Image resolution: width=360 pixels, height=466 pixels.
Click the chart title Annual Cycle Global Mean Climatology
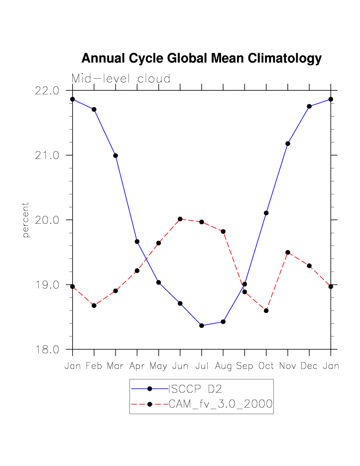[201, 59]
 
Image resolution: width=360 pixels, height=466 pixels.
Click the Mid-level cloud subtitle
[121, 79]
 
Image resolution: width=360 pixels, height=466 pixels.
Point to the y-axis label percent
[26, 220]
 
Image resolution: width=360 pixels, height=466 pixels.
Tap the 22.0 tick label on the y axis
[48, 91]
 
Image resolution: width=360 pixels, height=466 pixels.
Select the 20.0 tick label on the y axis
[48, 220]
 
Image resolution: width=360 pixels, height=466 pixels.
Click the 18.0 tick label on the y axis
[48, 349]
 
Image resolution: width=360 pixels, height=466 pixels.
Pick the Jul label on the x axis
[202, 366]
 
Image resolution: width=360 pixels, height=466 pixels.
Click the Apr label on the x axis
[137, 366]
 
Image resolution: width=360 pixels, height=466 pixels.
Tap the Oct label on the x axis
[266, 366]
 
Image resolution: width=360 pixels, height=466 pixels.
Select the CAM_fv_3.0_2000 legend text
[221, 404]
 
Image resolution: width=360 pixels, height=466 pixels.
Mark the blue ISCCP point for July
[202, 325]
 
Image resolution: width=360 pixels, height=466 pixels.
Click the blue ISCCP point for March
[116, 155]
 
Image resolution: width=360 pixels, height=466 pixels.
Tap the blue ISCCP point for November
[288, 144]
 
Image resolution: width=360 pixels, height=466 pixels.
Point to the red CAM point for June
[180, 219]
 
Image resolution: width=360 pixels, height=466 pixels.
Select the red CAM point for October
[266, 311]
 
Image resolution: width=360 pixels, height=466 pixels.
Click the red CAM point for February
[94, 306]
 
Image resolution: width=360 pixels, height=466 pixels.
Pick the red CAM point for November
[288, 252]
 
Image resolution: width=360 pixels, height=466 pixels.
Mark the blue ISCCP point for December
[309, 106]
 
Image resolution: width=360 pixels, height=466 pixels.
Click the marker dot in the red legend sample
[149, 404]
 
